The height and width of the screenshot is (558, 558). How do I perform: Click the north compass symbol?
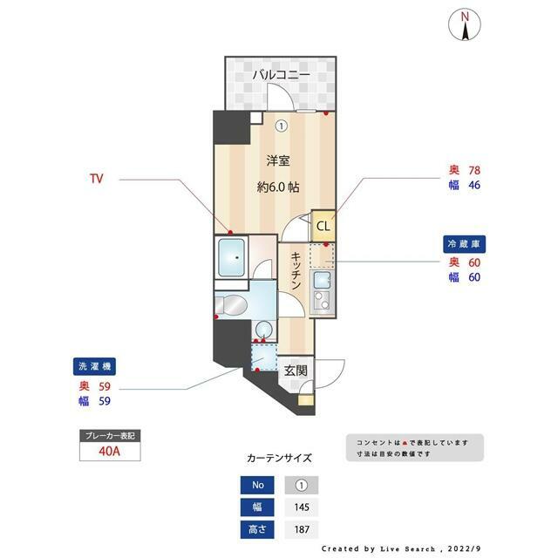tap(466, 26)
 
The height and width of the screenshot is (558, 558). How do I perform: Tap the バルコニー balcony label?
tap(281, 76)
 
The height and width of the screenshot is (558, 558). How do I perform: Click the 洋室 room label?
tap(278, 160)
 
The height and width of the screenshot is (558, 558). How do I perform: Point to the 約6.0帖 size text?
tap(278, 187)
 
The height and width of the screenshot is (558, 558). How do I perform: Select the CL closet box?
tap(323, 228)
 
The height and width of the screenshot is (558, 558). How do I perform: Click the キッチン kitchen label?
tap(296, 271)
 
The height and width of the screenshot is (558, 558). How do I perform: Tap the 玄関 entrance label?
tap(295, 370)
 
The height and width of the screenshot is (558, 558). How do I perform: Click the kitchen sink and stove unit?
tap(322, 292)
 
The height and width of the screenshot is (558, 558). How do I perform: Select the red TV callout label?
tap(97, 179)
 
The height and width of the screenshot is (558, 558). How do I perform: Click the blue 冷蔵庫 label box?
tap(463, 243)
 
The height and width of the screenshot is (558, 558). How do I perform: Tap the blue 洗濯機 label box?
tap(94, 367)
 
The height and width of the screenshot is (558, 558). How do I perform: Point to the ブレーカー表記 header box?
tap(108, 434)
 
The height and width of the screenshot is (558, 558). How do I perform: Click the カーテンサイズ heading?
tap(278, 457)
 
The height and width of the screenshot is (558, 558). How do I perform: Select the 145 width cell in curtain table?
tap(302, 507)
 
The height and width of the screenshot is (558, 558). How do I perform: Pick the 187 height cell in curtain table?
tap(302, 529)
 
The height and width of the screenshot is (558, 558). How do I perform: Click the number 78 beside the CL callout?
tap(474, 170)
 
